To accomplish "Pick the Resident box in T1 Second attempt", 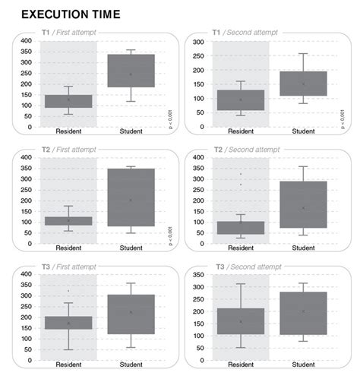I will (x=241, y=100).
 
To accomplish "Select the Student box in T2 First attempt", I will (x=131, y=197).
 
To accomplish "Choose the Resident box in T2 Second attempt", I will (x=241, y=227).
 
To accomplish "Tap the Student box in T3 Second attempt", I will (x=302, y=313).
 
